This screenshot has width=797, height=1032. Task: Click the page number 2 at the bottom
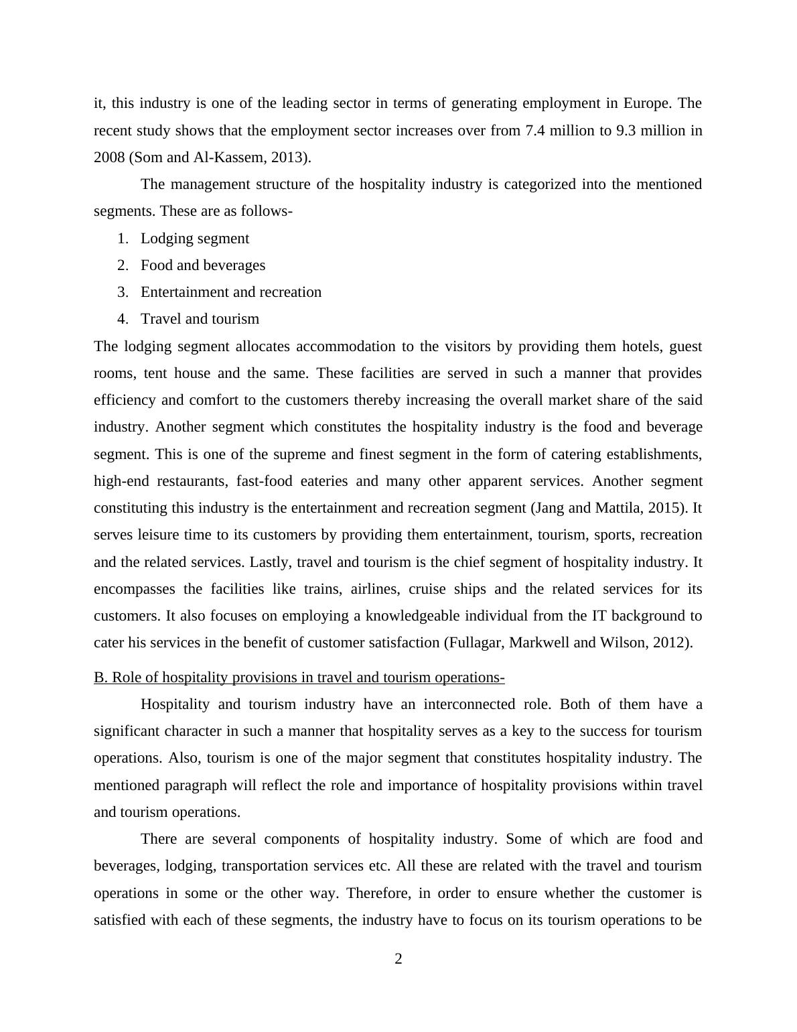pos(398,959)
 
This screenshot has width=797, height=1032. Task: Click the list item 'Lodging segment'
pos(194,239)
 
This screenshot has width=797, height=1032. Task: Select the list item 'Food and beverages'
pos(202,265)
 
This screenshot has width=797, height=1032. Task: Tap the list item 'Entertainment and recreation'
pos(230,292)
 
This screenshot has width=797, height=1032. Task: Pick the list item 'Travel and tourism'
pos(200,319)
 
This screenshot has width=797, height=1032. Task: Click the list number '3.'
pos(123,292)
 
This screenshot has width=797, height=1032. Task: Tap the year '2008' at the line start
pos(109,157)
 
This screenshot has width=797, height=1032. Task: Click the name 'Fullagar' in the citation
pos(476,643)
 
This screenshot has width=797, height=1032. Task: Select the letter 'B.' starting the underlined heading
pos(100,678)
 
